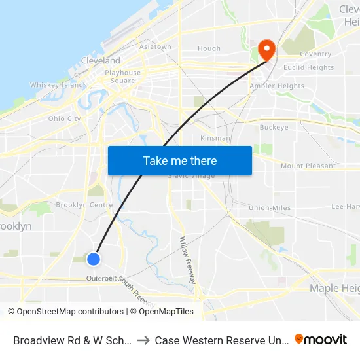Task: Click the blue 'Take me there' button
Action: (180, 160)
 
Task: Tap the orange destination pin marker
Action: (266, 49)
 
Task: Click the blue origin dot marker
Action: (94, 259)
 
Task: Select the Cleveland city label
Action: (100, 60)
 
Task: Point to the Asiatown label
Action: (155, 47)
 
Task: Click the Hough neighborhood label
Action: (209, 48)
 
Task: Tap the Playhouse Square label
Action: (122, 77)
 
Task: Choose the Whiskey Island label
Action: (57, 85)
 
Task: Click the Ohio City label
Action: (64, 118)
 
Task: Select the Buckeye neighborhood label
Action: (274, 127)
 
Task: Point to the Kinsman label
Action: (215, 138)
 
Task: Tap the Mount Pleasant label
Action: (308, 166)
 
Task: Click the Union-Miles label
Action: (270, 208)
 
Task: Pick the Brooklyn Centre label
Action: (84, 205)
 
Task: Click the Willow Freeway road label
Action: (187, 259)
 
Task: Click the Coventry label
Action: (315, 54)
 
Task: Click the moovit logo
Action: (321, 339)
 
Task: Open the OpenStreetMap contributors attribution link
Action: (67, 312)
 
